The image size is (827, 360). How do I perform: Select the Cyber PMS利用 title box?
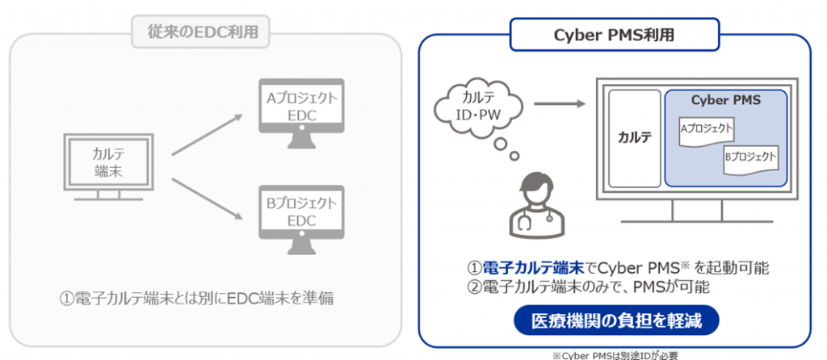615,34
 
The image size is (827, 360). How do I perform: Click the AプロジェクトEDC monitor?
302,113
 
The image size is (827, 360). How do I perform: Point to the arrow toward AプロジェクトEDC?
208,134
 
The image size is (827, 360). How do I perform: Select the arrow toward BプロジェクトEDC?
208,199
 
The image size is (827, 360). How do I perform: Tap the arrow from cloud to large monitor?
560,104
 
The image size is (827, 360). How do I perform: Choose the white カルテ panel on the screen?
635,138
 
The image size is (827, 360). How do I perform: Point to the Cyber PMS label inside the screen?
726,100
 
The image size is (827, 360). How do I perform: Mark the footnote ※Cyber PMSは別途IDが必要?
615,355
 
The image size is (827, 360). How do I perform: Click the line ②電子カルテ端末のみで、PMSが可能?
588,287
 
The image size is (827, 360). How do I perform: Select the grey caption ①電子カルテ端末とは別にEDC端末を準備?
198,299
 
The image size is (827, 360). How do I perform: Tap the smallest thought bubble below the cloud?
514,156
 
